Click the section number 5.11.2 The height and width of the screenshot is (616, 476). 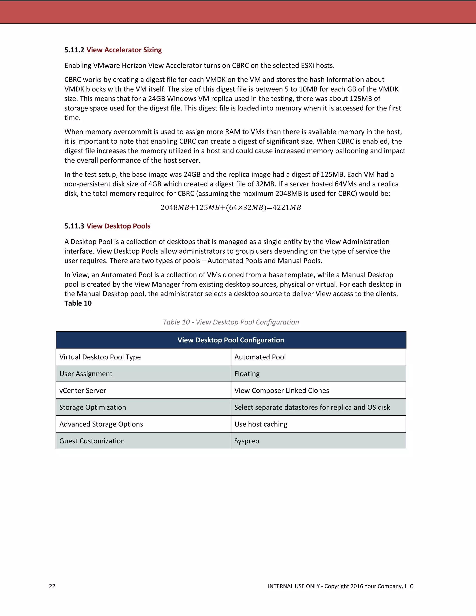pyautogui.click(x=74, y=50)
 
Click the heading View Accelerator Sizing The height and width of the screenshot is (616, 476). pyautogui.click(x=124, y=50)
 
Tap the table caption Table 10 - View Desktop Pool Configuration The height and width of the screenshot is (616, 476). pyautogui.click(x=231, y=322)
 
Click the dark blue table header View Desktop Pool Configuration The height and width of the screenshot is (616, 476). pyautogui.click(x=231, y=340)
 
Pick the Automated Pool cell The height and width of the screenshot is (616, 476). pyautogui.click(x=260, y=357)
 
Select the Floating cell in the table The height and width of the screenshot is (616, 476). pyautogui.click(x=247, y=374)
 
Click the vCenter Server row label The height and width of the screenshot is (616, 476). pyautogui.click(x=83, y=391)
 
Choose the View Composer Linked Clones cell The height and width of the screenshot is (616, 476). pyautogui.click(x=281, y=391)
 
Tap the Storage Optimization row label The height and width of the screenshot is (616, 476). pyautogui.click(x=93, y=407)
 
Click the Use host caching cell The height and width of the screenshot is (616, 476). pyautogui.click(x=261, y=424)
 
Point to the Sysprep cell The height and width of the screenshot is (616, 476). pyautogui.click(x=246, y=441)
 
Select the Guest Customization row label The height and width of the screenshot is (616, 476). pyautogui.click(x=92, y=441)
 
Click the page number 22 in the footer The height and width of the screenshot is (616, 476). pyautogui.click(x=52, y=586)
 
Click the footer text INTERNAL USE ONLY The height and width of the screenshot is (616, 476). pyautogui.click(x=294, y=586)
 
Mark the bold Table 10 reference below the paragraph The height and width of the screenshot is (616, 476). pyautogui.click(x=78, y=304)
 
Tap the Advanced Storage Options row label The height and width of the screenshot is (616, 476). pyautogui.click(x=101, y=424)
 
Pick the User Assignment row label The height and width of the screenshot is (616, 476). pyautogui.click(x=86, y=374)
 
